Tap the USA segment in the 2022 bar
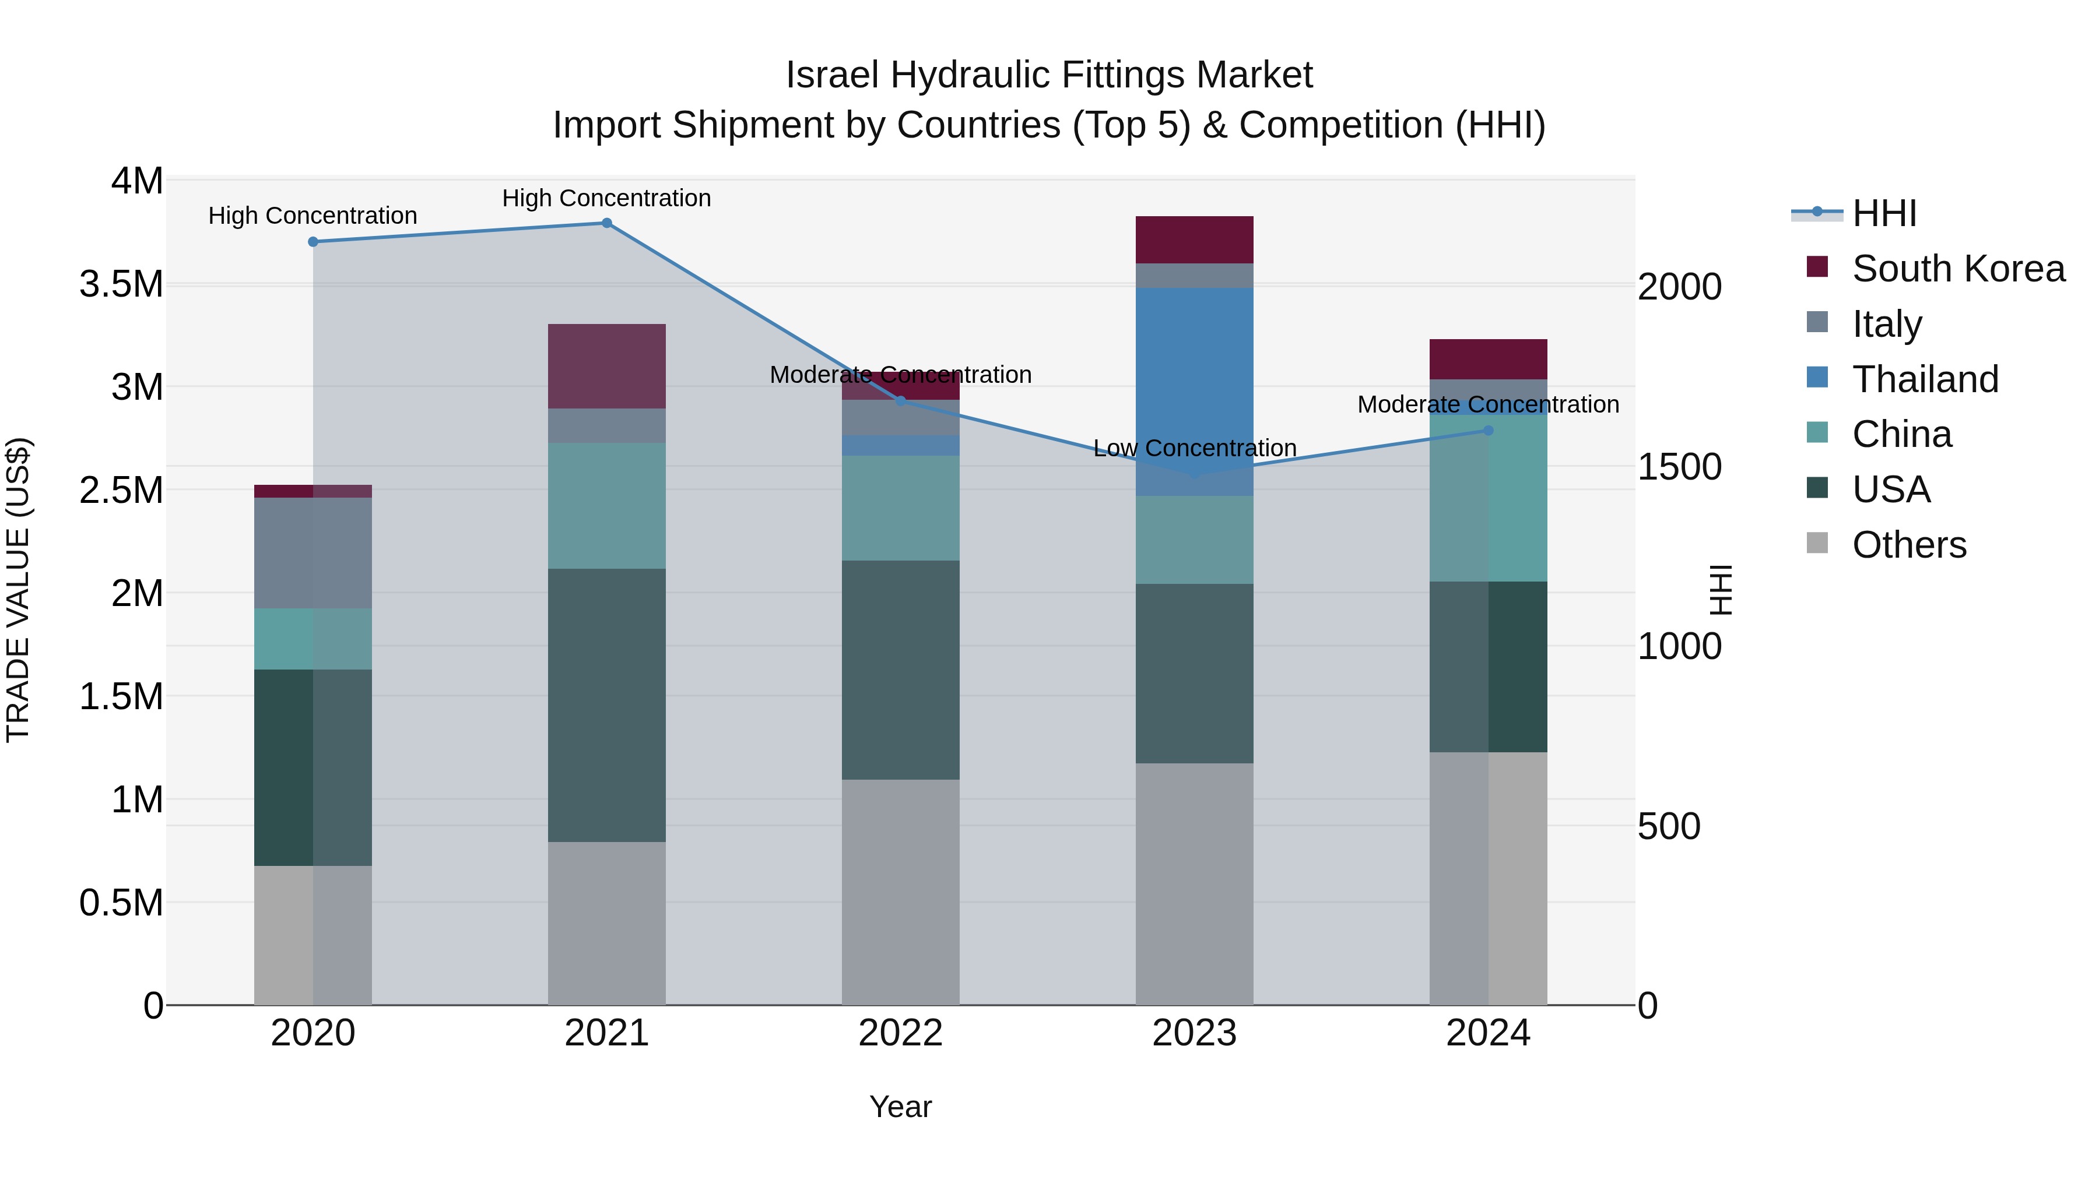900,670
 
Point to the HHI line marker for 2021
606,223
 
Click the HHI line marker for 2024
1488,431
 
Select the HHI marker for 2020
313,242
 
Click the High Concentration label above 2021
606,198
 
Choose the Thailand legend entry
1925,379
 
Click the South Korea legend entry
1957,269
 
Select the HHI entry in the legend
1884,213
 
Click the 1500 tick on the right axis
1679,467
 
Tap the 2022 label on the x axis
900,1033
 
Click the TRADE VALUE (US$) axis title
18,590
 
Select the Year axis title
900,1107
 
